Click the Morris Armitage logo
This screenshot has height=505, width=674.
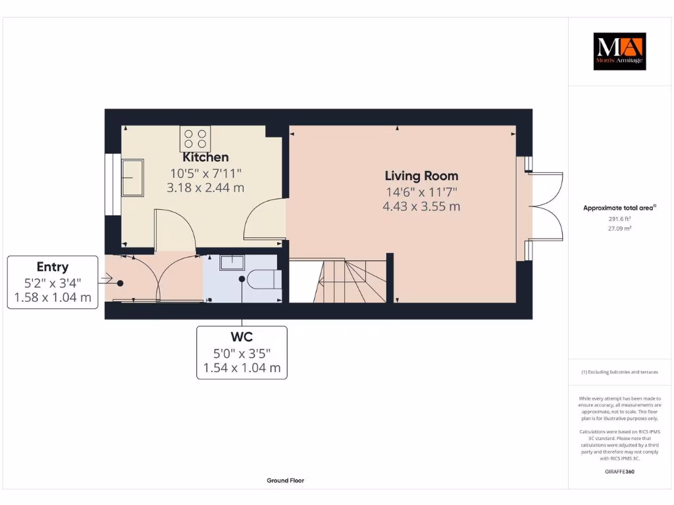(619, 51)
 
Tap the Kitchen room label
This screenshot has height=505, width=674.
(205, 157)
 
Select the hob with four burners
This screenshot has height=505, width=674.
(195, 139)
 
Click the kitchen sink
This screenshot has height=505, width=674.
(132, 177)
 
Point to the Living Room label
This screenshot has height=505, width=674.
(421, 176)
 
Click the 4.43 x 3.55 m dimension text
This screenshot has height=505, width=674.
(421, 206)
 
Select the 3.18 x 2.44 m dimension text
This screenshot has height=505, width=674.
(205, 187)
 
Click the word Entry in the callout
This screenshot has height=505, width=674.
(53, 267)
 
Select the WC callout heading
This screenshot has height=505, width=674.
(242, 337)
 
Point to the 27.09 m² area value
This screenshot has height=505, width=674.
(619, 229)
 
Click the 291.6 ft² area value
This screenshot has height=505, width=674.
(619, 219)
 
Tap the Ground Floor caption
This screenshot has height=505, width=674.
(285, 481)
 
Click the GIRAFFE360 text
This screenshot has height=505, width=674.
(619, 471)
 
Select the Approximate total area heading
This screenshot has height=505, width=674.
(619, 208)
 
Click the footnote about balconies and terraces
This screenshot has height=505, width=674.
(619, 372)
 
